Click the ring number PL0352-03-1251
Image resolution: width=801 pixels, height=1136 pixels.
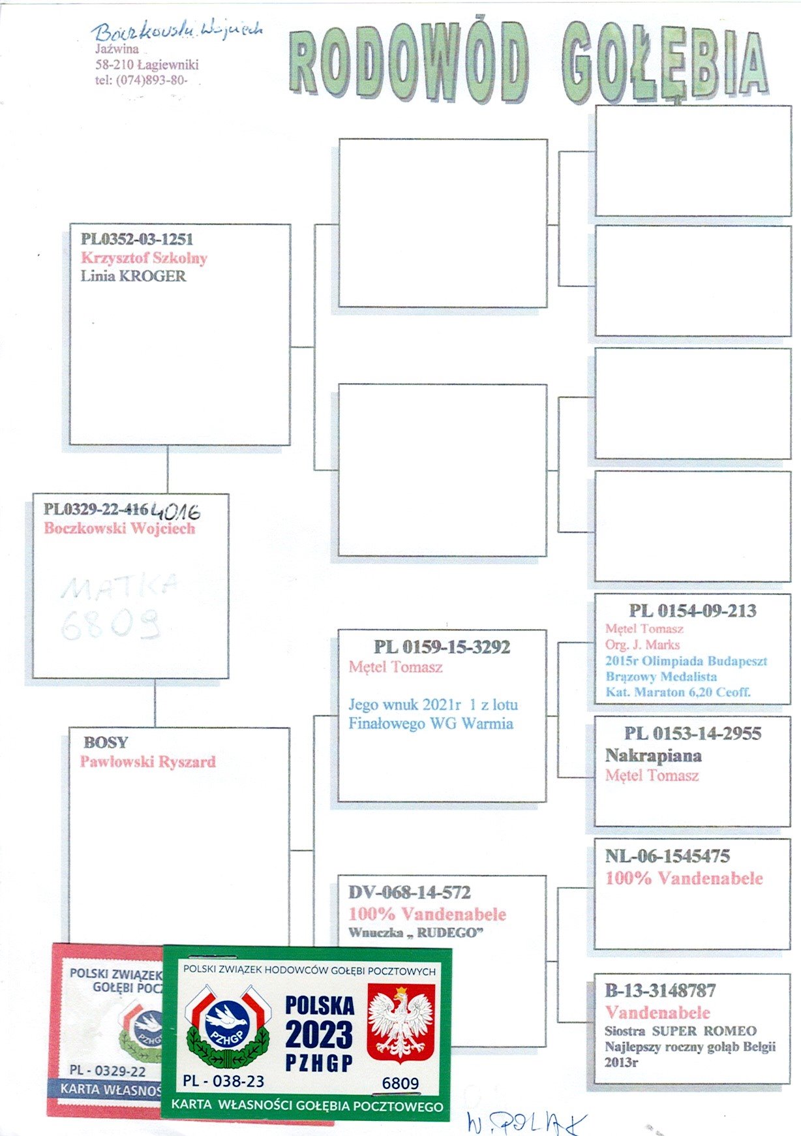click(137, 239)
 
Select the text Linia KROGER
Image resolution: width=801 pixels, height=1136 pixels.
click(133, 276)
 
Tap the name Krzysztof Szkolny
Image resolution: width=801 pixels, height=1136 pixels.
click(144, 258)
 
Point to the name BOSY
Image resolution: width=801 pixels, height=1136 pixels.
click(106, 743)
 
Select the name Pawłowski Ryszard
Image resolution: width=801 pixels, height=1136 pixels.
click(147, 761)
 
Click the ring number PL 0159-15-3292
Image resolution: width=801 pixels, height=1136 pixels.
click(442, 647)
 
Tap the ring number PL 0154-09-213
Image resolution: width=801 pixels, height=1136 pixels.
click(692, 611)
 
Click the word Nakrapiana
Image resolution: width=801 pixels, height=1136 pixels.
click(653, 756)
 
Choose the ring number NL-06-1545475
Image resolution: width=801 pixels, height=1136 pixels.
click(667, 856)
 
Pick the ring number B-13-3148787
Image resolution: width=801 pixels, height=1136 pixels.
click(660, 990)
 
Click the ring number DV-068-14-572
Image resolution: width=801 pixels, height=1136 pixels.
click(409, 892)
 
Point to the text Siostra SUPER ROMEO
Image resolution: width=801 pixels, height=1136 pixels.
click(680, 1032)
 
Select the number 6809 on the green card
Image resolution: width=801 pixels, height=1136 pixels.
click(400, 1083)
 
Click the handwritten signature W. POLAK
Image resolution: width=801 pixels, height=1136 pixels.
click(526, 1122)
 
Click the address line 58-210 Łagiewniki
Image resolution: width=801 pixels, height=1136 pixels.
click(147, 65)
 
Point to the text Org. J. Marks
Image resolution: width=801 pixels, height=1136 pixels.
click(642, 645)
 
